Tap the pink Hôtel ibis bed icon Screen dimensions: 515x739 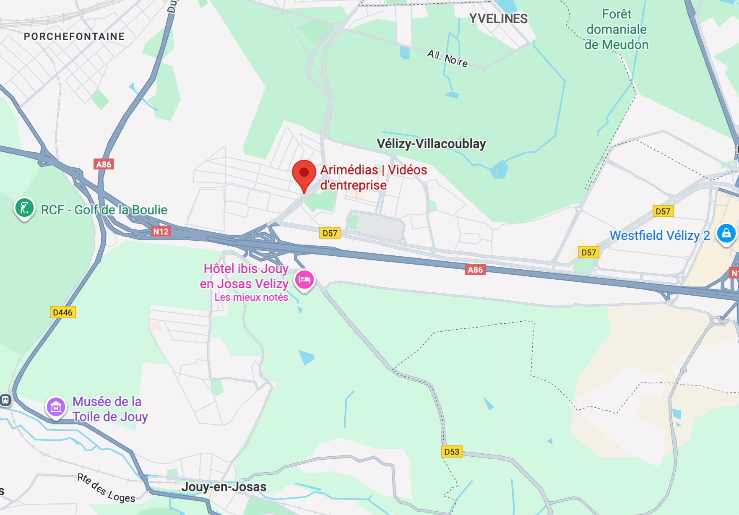point(304,279)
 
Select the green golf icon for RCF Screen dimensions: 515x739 point(24,208)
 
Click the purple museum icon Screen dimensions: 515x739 point(56,406)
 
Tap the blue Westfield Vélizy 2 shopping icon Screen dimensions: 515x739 point(726,233)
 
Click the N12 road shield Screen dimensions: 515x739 point(161,231)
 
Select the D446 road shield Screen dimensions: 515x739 point(62,312)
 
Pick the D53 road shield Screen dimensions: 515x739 point(452,452)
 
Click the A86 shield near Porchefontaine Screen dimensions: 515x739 point(104,164)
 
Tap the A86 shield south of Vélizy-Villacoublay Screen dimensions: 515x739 point(475,270)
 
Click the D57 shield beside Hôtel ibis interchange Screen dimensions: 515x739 point(330,233)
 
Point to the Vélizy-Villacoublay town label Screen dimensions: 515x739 point(431,144)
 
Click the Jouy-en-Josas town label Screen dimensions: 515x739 point(224,487)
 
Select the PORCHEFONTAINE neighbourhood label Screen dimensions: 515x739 point(74,36)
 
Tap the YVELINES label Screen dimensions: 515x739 point(498,19)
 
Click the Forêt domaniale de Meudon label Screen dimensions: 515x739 point(617,29)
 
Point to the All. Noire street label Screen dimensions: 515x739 point(448,59)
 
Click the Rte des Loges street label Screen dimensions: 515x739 point(106,489)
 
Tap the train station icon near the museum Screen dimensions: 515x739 point(5,400)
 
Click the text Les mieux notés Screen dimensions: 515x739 point(251,297)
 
